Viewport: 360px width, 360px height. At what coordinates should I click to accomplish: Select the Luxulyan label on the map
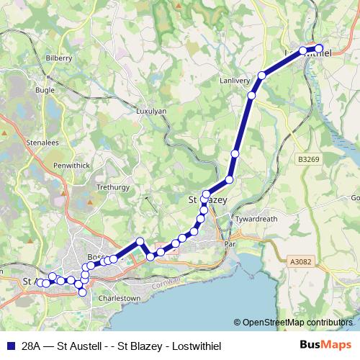pyautogui.click(x=151, y=112)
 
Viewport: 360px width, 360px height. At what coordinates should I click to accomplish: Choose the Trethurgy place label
pyautogui.click(x=112, y=186)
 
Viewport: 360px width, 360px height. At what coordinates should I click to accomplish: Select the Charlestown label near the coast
pyautogui.click(x=120, y=297)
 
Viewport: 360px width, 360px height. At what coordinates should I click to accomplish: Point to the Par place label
pyautogui.click(x=230, y=244)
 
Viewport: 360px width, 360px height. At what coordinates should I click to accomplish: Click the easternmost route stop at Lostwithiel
pyautogui.click(x=319, y=50)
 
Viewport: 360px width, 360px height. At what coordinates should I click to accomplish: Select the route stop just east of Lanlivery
pyautogui.click(x=263, y=76)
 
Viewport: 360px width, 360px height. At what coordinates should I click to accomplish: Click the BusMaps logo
pyautogui.click(x=325, y=344)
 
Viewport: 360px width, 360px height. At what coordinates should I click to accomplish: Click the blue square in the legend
pyautogui.click(x=10, y=344)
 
